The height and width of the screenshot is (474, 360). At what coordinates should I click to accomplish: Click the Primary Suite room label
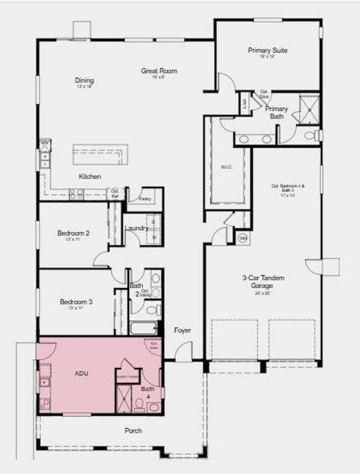[x=267, y=51]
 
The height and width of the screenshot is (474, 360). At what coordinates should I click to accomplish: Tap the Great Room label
[x=159, y=71]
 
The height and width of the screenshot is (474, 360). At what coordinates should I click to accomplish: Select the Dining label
[x=85, y=80]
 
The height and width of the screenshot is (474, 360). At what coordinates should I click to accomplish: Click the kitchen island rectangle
[x=100, y=154]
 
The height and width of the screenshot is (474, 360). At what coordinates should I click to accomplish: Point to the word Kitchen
[x=90, y=177]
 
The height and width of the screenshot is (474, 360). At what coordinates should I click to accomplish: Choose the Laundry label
[x=136, y=228]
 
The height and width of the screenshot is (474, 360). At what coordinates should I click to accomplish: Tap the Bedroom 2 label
[x=73, y=233]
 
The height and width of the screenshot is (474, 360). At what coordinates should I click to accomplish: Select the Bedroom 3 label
[x=76, y=302]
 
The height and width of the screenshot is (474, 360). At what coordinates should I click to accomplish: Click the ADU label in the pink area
[x=82, y=373]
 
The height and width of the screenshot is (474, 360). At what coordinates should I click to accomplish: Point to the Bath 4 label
[x=148, y=392]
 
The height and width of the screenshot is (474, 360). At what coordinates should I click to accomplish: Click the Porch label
[x=133, y=430]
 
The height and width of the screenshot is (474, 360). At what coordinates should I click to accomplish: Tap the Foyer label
[x=182, y=330]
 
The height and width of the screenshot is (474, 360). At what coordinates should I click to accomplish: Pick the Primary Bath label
[x=277, y=112]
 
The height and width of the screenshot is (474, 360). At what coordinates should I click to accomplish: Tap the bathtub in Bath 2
[x=143, y=328]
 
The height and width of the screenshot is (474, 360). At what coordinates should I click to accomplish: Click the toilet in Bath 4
[x=141, y=406]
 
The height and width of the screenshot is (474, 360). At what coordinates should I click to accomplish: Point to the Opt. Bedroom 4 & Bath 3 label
[x=288, y=188]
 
